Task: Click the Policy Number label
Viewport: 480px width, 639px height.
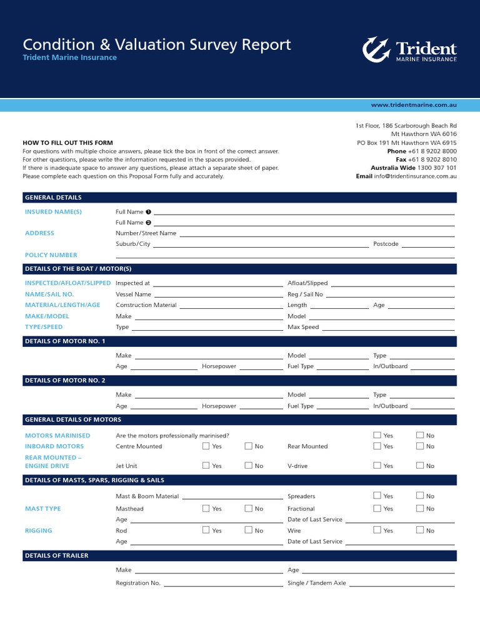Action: (x=51, y=255)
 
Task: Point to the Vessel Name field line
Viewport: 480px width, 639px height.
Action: (x=218, y=295)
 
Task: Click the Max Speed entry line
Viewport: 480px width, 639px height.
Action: (x=388, y=328)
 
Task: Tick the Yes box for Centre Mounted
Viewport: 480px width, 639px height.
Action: (x=206, y=446)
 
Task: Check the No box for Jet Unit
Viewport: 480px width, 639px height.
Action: (x=248, y=466)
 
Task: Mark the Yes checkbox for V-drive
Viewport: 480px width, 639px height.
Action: (x=377, y=466)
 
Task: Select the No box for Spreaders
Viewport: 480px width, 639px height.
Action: (x=419, y=496)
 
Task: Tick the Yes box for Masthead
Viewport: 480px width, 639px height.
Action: (x=206, y=509)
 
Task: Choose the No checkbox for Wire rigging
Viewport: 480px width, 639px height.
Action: (x=419, y=530)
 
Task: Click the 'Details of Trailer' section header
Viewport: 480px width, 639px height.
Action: (x=57, y=555)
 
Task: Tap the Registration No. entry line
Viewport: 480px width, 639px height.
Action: (x=223, y=584)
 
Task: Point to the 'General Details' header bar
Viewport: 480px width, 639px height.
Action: (x=53, y=198)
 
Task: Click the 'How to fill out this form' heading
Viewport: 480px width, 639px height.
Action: (x=67, y=143)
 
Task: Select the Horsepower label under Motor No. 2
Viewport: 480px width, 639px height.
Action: (x=219, y=406)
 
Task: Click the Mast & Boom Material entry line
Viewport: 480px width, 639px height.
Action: (x=232, y=497)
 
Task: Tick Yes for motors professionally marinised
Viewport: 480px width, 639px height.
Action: (x=377, y=435)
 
